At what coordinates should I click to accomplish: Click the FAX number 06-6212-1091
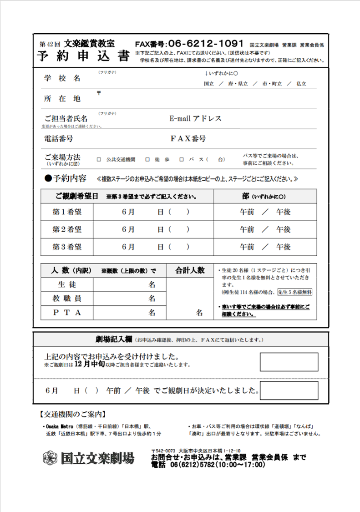[205, 44]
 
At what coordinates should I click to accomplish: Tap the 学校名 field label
[62, 78]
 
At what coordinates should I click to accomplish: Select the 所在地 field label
[62, 99]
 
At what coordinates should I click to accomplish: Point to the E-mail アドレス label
[195, 119]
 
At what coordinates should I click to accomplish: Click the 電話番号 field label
[59, 138]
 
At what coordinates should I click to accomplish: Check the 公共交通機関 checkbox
[99, 160]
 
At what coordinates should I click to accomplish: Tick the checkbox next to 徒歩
[147, 160]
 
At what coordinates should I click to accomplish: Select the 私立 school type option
[301, 84]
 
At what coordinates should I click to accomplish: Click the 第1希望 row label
[67, 212]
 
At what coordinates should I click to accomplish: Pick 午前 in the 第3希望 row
[247, 247]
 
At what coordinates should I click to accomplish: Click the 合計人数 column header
[190, 270]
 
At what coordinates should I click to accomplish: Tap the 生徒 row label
[67, 285]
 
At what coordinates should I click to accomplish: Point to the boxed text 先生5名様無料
[294, 292]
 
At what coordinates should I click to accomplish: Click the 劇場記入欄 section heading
[114, 340]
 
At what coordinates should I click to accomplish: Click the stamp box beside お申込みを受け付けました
[289, 362]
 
